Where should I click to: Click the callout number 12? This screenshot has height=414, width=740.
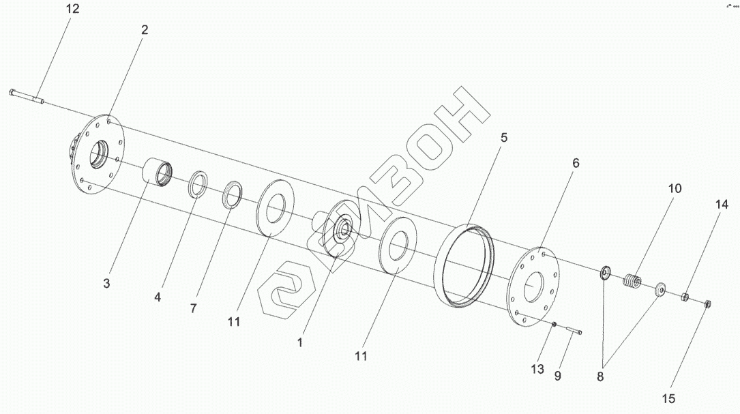coord(73,9)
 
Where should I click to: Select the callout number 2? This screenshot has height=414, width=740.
coord(144,30)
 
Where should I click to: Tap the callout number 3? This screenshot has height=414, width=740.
coord(106,283)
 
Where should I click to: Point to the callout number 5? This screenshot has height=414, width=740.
coord(503,137)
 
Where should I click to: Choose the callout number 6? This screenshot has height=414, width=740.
coord(576,163)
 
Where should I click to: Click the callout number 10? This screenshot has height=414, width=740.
coord(675,188)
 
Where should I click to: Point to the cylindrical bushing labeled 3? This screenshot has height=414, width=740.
coord(159,173)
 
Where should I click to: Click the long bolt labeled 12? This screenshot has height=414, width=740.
coord(27,96)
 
